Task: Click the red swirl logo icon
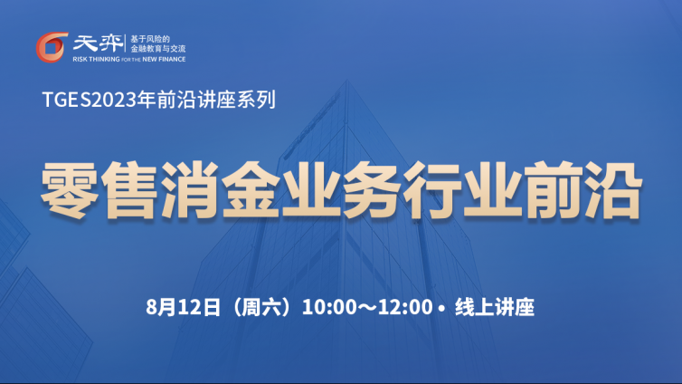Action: tap(52, 47)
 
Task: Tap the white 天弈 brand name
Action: tap(98, 43)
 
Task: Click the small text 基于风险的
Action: tap(150, 39)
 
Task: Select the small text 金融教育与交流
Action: tap(158, 49)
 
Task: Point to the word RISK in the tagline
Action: tap(80, 59)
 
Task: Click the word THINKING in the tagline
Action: tap(104, 59)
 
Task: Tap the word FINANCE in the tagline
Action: tap(172, 59)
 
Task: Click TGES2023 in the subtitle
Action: tap(90, 100)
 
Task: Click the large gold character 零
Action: tap(69, 189)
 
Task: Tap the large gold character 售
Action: tap(129, 189)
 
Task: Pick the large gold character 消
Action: tap(190, 189)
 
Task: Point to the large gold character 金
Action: tap(250, 189)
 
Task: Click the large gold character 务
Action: tap(371, 189)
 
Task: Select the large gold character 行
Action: tap(431, 189)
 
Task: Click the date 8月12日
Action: tap(184, 307)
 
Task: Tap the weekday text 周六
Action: tap(261, 307)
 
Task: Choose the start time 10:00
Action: tap(329, 307)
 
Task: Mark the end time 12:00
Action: tap(405, 307)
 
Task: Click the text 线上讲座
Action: tap(495, 307)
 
